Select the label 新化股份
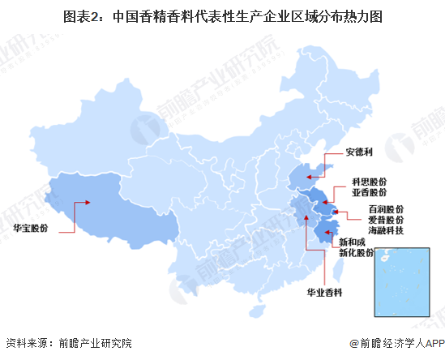(356, 253)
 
